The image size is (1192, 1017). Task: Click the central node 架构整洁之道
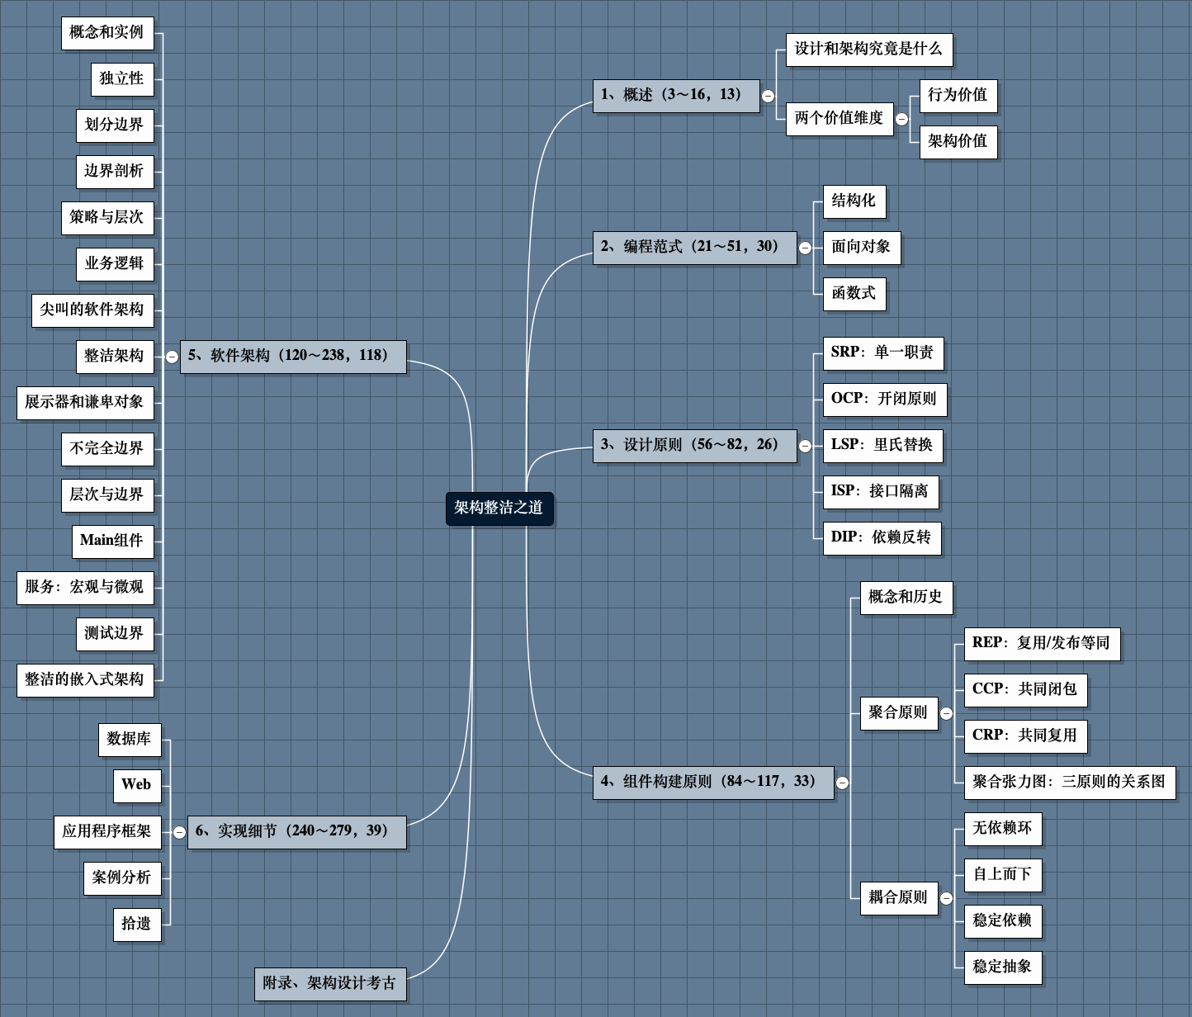click(x=499, y=508)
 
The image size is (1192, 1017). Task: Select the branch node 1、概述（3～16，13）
click(x=675, y=95)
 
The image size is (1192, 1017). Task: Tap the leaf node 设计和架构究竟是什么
click(x=868, y=49)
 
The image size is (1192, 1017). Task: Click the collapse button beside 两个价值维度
click(x=901, y=119)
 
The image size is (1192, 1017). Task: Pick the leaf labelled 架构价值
click(x=958, y=141)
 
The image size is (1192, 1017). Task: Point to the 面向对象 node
click(x=861, y=247)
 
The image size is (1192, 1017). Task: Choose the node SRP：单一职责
click(x=882, y=352)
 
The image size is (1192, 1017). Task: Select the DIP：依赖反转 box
click(x=881, y=537)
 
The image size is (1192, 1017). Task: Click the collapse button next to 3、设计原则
click(x=805, y=446)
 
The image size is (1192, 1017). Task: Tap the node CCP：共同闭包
click(x=1024, y=689)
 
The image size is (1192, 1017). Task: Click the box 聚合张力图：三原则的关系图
click(x=1069, y=782)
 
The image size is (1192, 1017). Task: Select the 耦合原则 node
click(x=897, y=897)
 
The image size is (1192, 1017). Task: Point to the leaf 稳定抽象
click(x=1002, y=967)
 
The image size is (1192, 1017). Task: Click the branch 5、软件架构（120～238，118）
click(x=292, y=356)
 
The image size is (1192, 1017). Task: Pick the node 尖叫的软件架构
click(x=92, y=310)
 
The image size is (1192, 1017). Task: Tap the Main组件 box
click(x=111, y=541)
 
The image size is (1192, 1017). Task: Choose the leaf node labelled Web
click(x=136, y=785)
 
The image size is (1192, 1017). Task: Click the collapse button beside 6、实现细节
click(x=179, y=832)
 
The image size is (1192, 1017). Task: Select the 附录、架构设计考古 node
click(x=329, y=983)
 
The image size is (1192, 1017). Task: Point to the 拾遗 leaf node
click(x=136, y=924)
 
